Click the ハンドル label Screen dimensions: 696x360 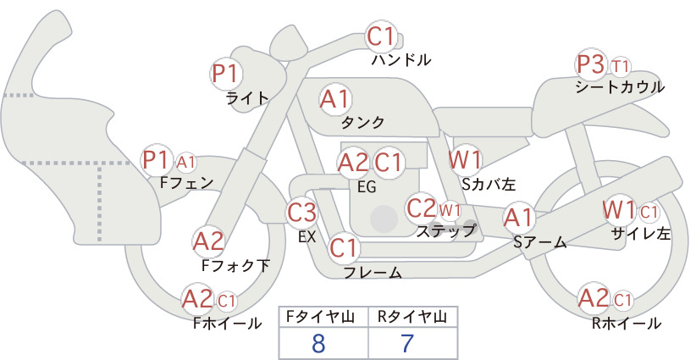(x=400, y=59)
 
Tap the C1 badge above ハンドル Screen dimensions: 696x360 (x=381, y=36)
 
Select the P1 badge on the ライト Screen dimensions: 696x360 (x=226, y=74)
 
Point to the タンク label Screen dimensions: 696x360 (x=362, y=122)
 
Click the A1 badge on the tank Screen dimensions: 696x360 (x=335, y=100)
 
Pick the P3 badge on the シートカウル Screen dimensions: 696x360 (x=591, y=65)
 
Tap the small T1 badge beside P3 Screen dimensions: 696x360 (x=620, y=67)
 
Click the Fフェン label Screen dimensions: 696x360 (x=186, y=183)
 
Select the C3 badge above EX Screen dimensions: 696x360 (x=301, y=213)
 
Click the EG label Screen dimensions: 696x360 (x=367, y=187)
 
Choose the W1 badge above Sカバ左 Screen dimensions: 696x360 (x=465, y=160)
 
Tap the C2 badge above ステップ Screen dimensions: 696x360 (x=422, y=208)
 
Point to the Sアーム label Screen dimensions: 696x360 (x=540, y=242)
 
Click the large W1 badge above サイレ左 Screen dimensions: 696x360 (x=619, y=210)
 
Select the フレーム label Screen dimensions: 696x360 (x=373, y=272)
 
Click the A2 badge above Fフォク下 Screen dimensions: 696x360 (x=208, y=242)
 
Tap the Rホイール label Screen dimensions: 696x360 (x=627, y=324)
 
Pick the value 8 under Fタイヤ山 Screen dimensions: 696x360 (x=318, y=344)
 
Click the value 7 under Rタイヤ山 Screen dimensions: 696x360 (x=407, y=343)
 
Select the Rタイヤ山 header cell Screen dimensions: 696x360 (x=413, y=317)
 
